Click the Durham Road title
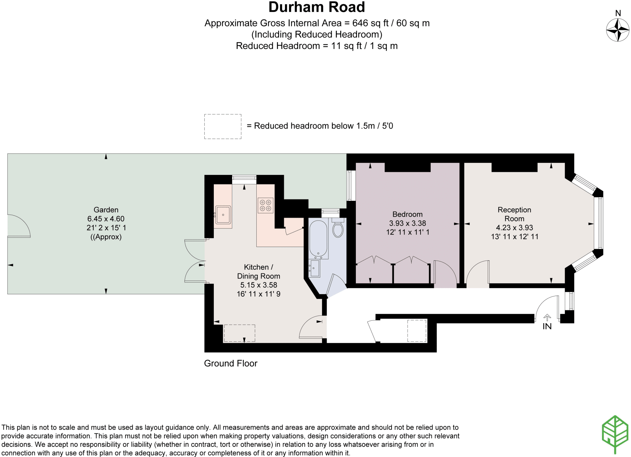click(x=316, y=7)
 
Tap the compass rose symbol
click(x=617, y=30)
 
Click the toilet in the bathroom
click(x=338, y=229)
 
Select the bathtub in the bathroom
click(x=318, y=239)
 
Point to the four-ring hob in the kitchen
click(x=265, y=205)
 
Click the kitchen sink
click(x=223, y=215)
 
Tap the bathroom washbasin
click(x=315, y=268)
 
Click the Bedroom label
click(x=407, y=214)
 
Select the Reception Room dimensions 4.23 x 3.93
click(x=514, y=228)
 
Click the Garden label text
click(x=106, y=210)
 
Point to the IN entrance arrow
click(x=547, y=317)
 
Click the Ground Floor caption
click(x=230, y=363)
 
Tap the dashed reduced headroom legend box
click(x=222, y=126)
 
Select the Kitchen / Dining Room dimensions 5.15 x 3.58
click(x=259, y=285)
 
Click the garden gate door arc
click(x=18, y=226)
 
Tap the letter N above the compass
click(x=618, y=13)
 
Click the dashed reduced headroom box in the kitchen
click(x=239, y=333)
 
